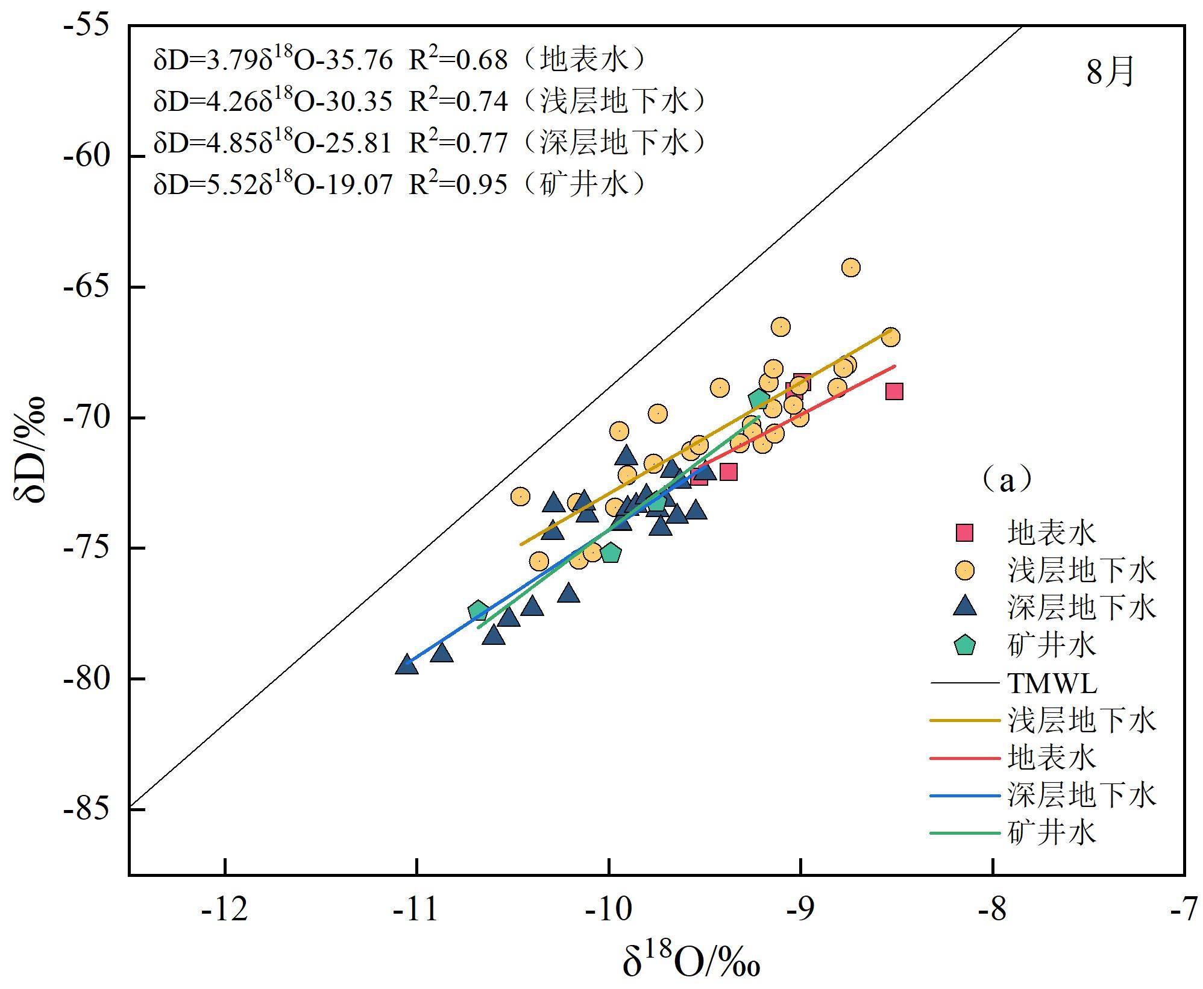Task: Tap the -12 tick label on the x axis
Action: [225, 909]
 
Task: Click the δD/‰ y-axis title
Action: [30, 450]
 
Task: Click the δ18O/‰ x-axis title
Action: [691, 962]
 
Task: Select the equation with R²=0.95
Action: [399, 183]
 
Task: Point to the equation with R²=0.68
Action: [399, 60]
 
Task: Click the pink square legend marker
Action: [965, 533]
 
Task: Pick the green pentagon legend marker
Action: [965, 645]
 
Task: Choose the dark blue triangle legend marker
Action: [965, 606]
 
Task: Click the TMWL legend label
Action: [1052, 683]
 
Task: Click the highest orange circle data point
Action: [850, 267]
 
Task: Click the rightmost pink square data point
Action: [894, 392]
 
